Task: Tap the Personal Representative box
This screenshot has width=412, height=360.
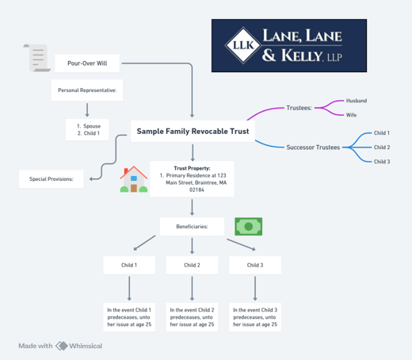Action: pos(87,90)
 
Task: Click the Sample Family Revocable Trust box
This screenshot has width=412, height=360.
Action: pos(193,132)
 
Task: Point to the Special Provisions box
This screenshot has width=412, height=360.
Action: pos(51,179)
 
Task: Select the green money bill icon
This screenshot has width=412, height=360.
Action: pos(248,226)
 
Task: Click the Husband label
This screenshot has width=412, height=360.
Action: pos(357,101)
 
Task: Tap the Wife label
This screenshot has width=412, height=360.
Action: pos(351,115)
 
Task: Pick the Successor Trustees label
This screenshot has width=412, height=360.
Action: pos(312,147)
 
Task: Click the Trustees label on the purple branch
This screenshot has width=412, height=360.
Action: pos(299,107)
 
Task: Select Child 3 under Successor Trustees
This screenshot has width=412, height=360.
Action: pos(381,161)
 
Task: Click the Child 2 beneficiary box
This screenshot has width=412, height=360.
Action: pos(192,265)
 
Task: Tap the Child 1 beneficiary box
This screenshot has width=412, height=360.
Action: pos(129,265)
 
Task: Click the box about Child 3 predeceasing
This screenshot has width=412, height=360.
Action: pos(254,316)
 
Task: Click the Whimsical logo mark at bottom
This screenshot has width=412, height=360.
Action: pos(62,346)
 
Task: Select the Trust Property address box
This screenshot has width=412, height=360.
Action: pos(193,179)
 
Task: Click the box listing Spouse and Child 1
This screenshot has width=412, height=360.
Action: pos(87,130)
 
